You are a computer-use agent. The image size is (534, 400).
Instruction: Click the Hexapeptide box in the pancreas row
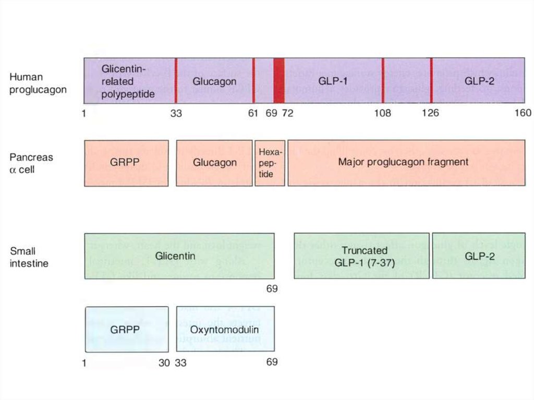(270, 163)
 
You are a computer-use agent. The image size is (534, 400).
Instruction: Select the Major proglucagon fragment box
(406, 163)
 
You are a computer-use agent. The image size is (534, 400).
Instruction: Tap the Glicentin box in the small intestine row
(179, 256)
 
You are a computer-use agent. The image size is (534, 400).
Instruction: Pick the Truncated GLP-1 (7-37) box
(361, 256)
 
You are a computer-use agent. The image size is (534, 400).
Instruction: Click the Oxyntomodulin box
(225, 329)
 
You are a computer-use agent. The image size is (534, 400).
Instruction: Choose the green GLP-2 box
(478, 256)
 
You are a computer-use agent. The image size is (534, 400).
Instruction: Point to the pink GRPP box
(126, 163)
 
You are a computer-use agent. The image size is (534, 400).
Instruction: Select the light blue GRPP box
(127, 329)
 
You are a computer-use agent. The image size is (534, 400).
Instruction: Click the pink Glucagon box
(214, 163)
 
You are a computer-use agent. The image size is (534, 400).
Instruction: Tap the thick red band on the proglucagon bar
(279, 81)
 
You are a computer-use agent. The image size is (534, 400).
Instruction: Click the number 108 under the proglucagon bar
(383, 113)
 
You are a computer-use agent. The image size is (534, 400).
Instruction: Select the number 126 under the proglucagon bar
(430, 113)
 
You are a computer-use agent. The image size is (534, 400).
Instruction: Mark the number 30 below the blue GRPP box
(164, 362)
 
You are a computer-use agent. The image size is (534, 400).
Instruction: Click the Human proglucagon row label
(38, 83)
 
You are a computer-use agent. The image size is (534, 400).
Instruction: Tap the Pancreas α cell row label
(31, 163)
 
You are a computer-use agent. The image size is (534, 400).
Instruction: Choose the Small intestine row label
(29, 257)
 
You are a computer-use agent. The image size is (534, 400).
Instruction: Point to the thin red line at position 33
(176, 81)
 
